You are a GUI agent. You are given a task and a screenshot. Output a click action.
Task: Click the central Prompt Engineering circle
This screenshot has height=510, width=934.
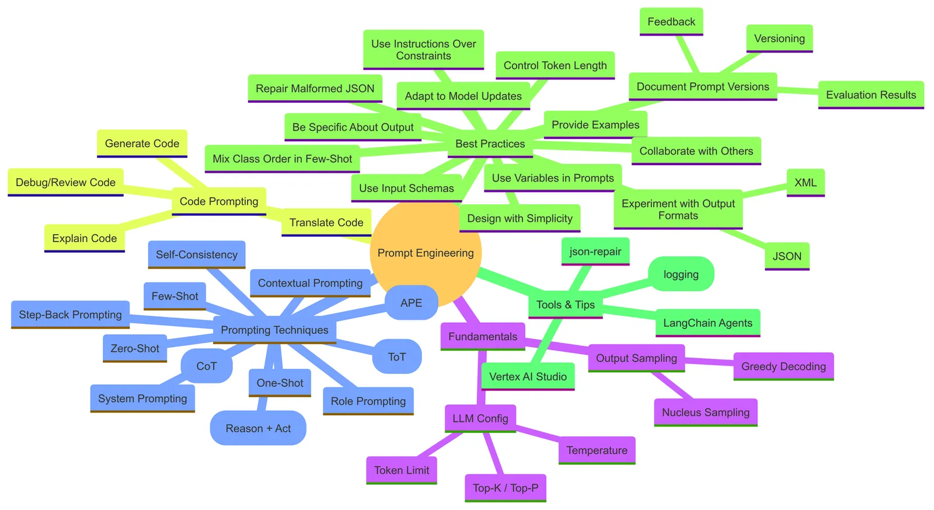tap(426, 253)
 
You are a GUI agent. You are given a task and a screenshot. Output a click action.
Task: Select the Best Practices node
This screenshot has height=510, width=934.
tap(490, 144)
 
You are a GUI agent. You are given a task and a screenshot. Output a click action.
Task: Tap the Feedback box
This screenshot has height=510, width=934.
tap(671, 22)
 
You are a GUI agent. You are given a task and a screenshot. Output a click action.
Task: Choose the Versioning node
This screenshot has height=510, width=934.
tap(779, 39)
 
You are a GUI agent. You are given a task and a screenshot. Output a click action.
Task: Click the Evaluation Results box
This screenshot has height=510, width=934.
tap(871, 95)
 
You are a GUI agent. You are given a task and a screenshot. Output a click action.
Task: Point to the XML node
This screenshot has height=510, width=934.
tap(806, 183)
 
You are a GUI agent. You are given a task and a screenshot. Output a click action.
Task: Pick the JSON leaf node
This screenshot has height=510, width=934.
tap(787, 256)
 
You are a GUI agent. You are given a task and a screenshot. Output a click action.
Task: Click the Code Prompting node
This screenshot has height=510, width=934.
tap(219, 202)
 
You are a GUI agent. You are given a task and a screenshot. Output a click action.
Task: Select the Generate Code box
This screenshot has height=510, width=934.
tap(142, 144)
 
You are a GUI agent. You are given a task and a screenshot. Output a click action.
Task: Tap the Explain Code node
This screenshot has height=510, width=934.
tap(85, 238)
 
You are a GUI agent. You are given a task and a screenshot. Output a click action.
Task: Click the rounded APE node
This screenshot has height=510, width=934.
tap(411, 303)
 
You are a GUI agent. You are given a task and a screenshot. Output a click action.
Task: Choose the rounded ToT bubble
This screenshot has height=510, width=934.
tap(396, 357)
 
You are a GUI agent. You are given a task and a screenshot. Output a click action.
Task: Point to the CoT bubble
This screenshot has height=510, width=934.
tap(207, 366)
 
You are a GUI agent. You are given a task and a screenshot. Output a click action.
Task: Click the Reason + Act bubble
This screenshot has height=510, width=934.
tap(258, 428)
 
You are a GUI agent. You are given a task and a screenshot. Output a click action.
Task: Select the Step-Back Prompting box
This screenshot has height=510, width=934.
tap(71, 315)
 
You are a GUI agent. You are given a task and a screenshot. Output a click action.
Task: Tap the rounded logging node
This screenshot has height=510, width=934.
tap(681, 274)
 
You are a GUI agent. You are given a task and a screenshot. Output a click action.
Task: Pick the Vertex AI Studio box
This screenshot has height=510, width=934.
tap(528, 377)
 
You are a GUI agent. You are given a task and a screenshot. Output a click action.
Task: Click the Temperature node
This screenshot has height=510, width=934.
tap(597, 450)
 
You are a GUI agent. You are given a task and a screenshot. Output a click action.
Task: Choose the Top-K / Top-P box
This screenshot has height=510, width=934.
tap(506, 488)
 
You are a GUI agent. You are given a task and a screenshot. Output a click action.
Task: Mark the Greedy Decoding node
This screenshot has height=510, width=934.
tap(783, 366)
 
